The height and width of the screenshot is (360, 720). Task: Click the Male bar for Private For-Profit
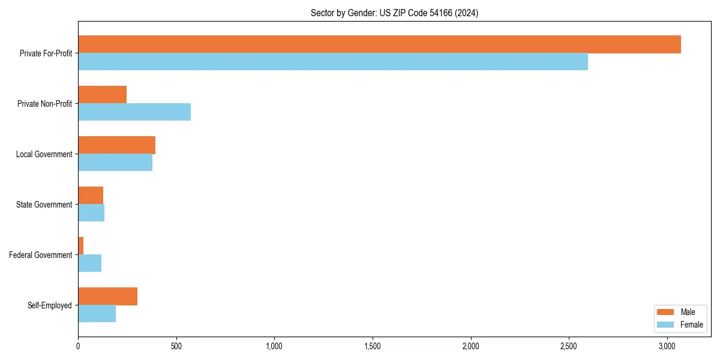coord(379,44)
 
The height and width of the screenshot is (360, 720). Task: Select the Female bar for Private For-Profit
coord(333,62)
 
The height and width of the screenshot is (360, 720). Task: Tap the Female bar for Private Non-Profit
coord(134,112)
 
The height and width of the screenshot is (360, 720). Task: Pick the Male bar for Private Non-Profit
coord(103,95)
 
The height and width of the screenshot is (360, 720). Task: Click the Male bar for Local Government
coord(117,145)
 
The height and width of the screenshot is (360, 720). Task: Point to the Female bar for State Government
coord(91,213)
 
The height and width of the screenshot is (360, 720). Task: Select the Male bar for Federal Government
coord(81,246)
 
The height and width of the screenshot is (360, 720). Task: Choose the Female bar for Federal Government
coord(90,263)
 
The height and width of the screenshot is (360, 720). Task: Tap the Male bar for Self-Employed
coord(108,296)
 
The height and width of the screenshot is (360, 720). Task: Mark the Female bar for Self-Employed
coord(97,314)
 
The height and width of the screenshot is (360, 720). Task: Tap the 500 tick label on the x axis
coord(176,346)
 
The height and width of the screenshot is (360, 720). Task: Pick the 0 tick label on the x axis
coord(78,346)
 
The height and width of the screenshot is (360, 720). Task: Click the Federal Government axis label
coord(41,255)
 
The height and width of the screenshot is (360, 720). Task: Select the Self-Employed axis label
coord(50,305)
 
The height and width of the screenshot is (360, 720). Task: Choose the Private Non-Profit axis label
coord(44,104)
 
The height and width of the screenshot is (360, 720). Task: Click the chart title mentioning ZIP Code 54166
coord(394,13)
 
